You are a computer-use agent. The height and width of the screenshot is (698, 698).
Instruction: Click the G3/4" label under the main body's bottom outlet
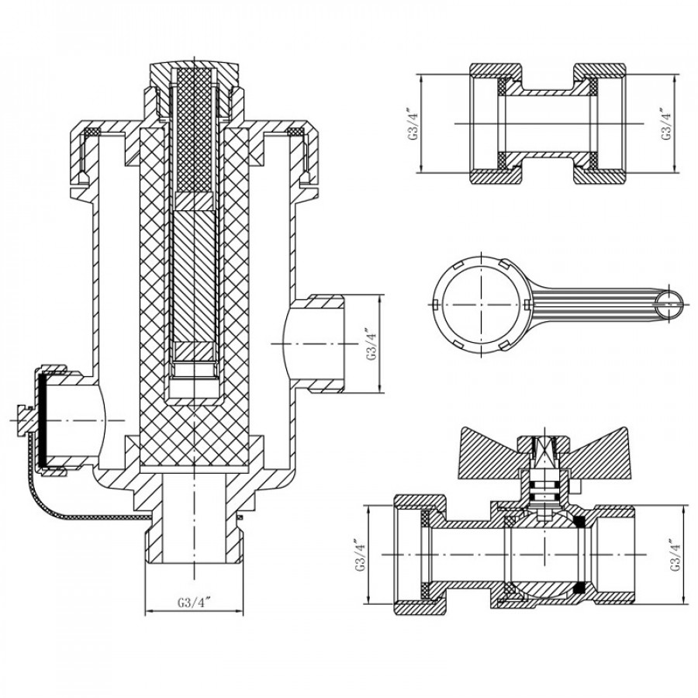click(194, 603)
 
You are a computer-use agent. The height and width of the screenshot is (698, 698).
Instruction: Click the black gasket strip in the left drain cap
click(41, 421)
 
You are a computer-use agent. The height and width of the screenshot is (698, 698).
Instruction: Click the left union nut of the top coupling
click(496, 123)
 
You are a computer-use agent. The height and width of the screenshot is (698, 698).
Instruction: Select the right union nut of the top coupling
click(600, 123)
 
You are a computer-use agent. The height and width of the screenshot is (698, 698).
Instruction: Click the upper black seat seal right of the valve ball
click(579, 522)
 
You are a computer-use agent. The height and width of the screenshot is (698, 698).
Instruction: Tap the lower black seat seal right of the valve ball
click(579, 588)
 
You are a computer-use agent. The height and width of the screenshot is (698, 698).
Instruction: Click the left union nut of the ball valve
click(420, 555)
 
